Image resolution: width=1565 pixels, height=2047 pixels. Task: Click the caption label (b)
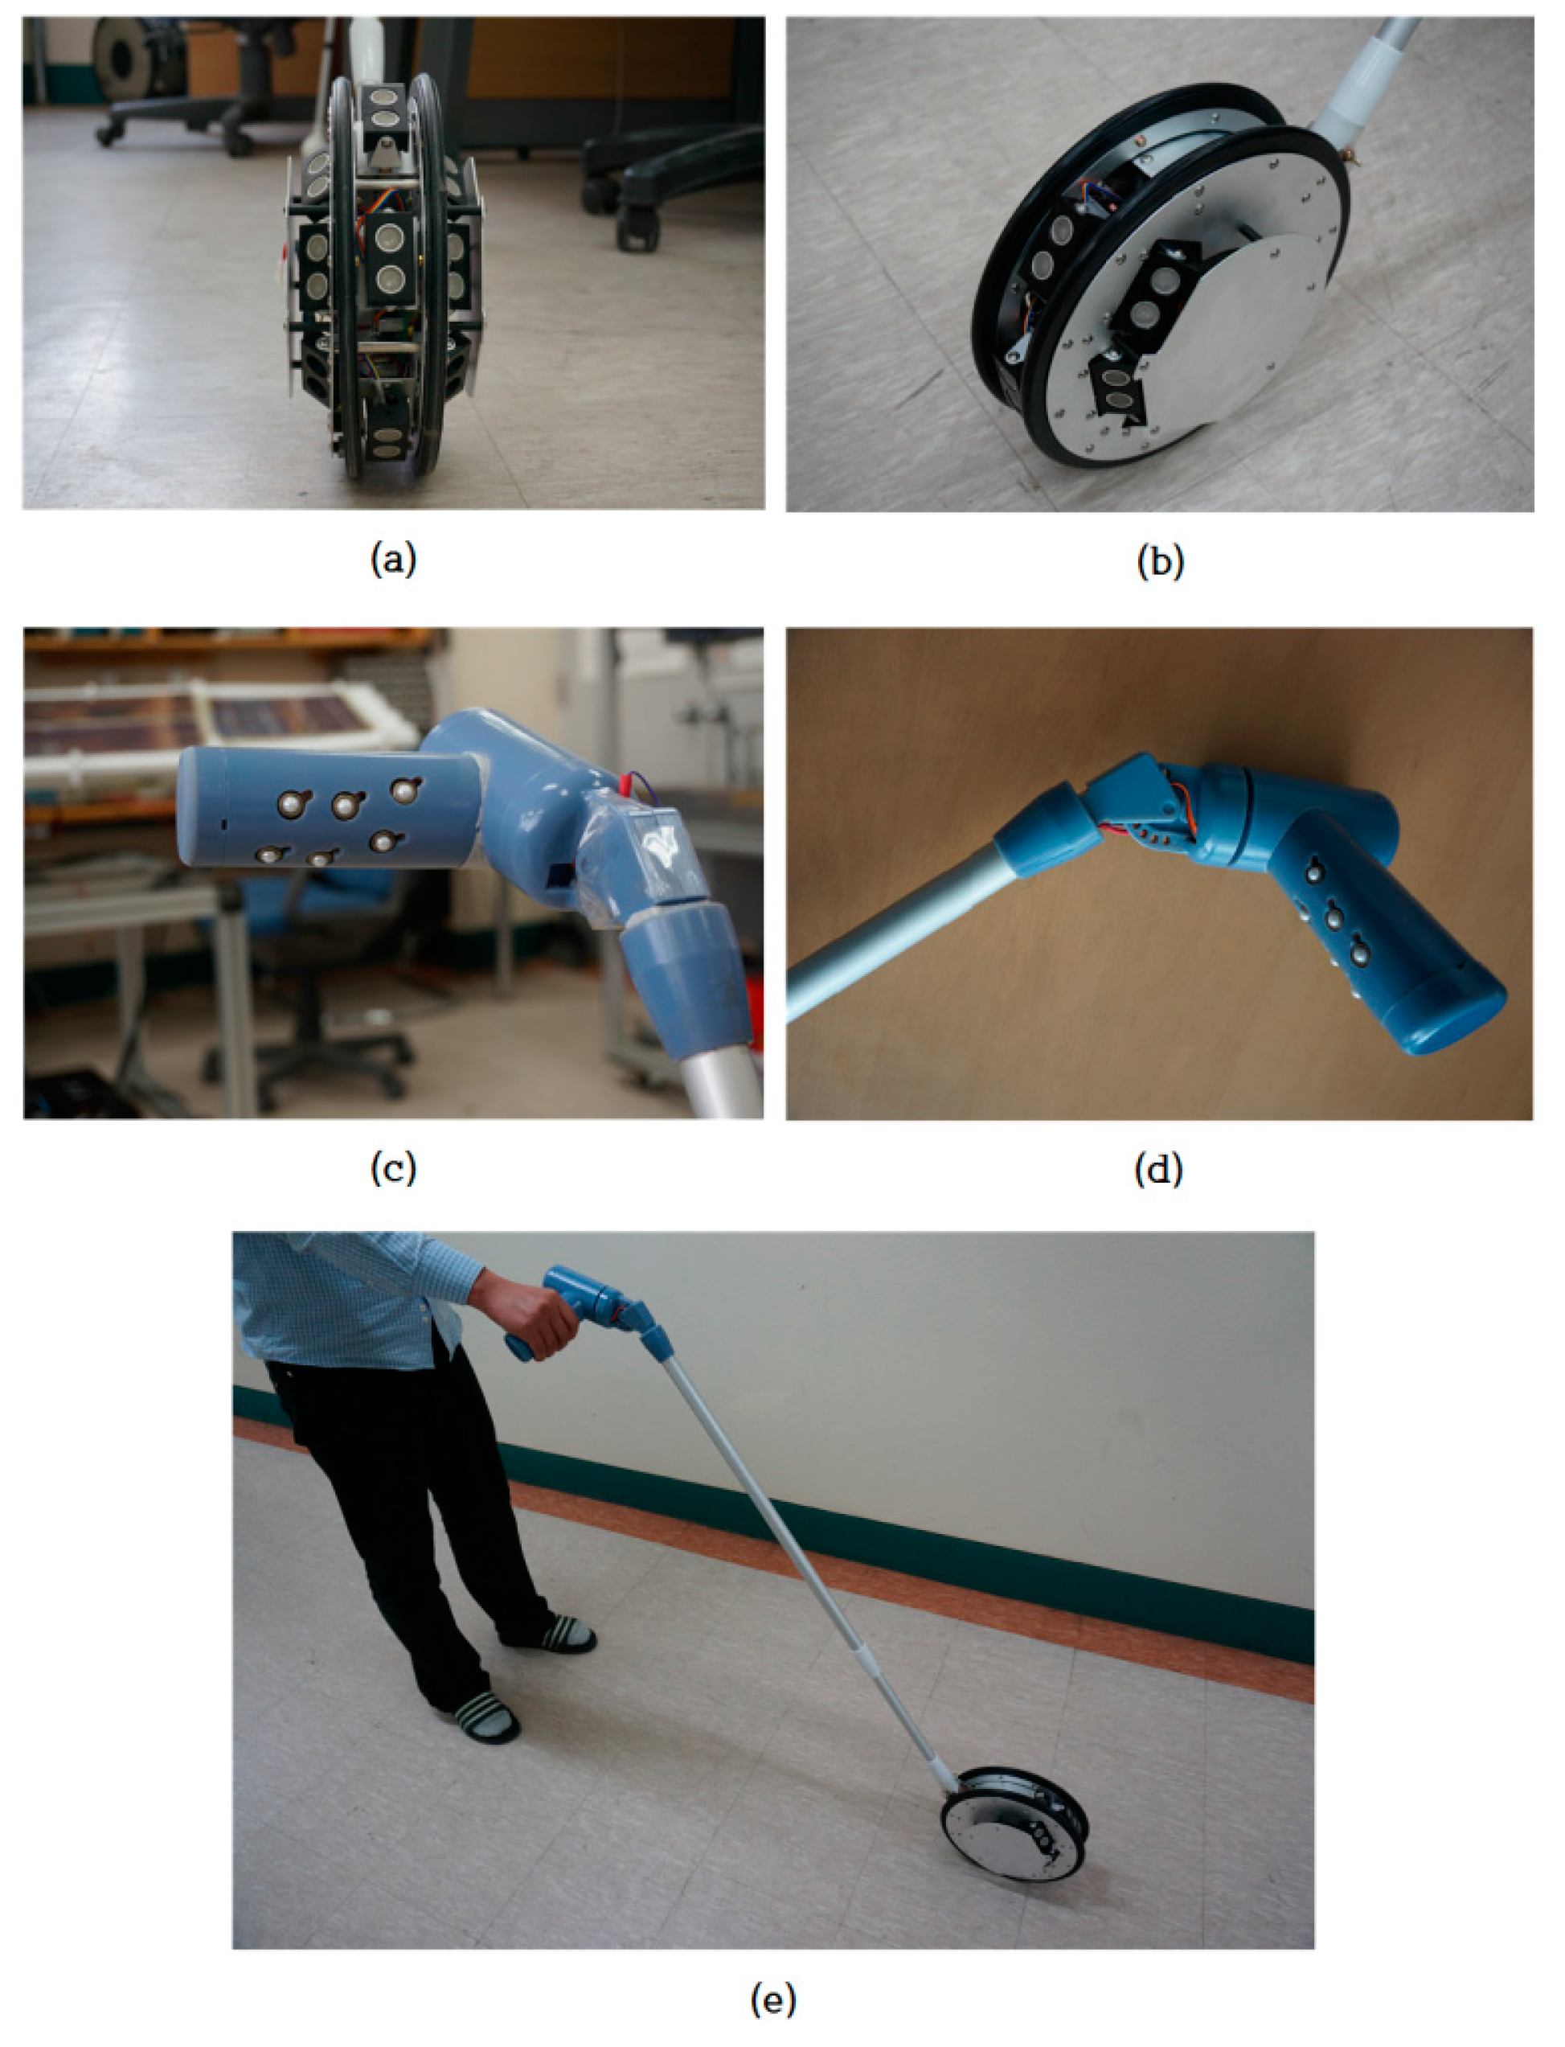[x=1160, y=561]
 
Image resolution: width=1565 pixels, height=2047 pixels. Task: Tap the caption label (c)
[x=393, y=1168]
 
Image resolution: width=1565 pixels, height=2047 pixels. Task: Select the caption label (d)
[x=1159, y=1168]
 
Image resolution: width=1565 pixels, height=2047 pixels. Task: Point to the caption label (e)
[x=773, y=1999]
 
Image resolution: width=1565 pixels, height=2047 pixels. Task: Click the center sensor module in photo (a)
[x=388, y=259]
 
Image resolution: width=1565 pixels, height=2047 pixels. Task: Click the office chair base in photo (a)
[x=177, y=121]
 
